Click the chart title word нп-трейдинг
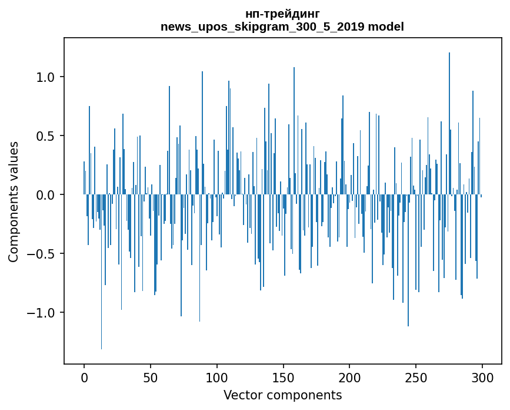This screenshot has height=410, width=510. click(x=282, y=14)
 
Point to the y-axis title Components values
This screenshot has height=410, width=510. click(x=14, y=201)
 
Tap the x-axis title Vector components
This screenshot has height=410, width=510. click(x=282, y=395)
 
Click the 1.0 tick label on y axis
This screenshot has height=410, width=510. click(x=46, y=77)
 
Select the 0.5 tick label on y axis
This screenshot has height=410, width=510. click(x=46, y=136)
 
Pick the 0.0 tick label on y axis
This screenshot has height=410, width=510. click(x=46, y=195)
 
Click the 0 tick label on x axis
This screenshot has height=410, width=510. click(x=84, y=377)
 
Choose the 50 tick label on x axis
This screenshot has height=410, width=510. click(x=151, y=377)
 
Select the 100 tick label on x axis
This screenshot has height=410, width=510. click(x=217, y=377)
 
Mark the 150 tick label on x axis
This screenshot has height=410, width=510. click(x=284, y=377)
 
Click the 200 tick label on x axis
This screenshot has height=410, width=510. click(x=350, y=377)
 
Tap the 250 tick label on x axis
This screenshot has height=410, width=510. click(x=416, y=377)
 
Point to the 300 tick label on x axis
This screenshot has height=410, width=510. click(x=482, y=377)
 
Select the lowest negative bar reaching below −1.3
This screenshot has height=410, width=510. click(x=101, y=277)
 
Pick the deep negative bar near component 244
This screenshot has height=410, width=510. click(x=408, y=265)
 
